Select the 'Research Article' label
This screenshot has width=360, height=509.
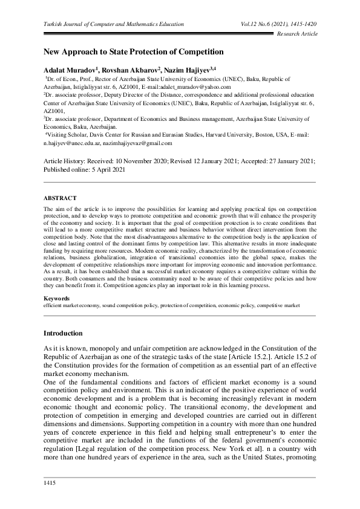tap(297, 34)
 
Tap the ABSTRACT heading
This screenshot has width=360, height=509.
tap(61, 198)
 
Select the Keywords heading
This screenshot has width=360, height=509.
tap(56, 299)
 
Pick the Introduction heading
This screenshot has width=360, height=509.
tap(64, 334)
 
